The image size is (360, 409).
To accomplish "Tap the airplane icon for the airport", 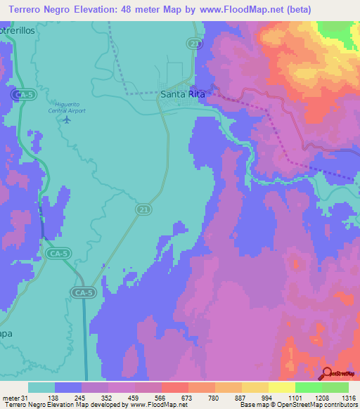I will pos(67,119).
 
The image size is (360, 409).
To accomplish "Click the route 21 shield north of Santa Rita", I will pos(193,44).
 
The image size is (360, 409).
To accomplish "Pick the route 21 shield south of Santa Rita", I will pos(141,210).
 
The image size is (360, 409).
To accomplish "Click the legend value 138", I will pos(53,397).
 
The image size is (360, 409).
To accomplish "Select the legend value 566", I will pos(160,397).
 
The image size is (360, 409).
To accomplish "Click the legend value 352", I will pos(107,397).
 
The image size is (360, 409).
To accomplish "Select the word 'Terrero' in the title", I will pos(25,8).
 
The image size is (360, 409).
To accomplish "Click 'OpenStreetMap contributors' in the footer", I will pos(317,405).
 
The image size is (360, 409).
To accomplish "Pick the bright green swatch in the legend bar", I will pos(308,387).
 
